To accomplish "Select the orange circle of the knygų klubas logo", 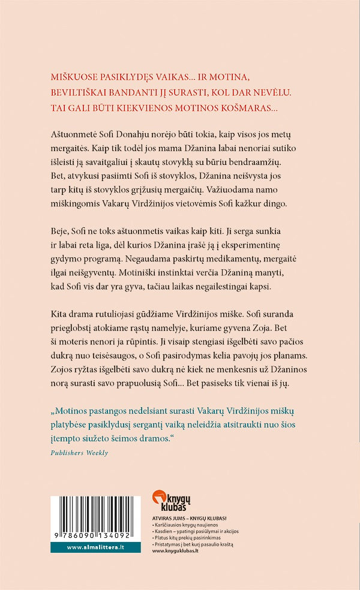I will [159, 496].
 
